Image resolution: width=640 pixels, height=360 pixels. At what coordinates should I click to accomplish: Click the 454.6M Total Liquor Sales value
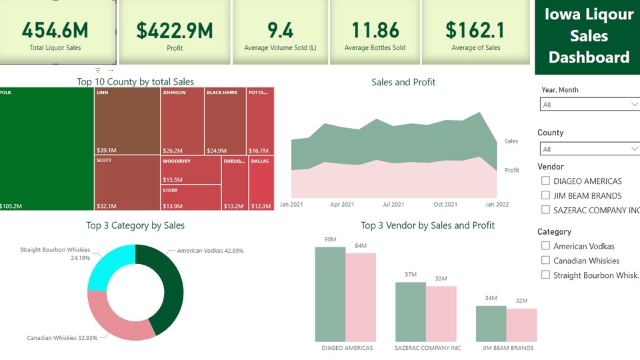[x=55, y=30]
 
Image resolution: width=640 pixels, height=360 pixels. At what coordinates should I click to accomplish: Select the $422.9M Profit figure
[x=174, y=30]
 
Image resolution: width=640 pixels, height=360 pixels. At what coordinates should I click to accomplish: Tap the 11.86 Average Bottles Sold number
[x=375, y=30]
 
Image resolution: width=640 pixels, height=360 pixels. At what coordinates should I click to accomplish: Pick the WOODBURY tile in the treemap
[x=191, y=171]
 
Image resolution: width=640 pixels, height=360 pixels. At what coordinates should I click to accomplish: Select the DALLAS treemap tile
[x=261, y=183]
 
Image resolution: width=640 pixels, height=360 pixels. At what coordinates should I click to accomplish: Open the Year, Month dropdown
[x=589, y=105]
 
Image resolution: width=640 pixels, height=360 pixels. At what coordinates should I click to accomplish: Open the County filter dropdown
[x=589, y=149]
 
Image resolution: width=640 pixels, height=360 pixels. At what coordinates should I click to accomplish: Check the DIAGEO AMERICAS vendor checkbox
[x=546, y=181]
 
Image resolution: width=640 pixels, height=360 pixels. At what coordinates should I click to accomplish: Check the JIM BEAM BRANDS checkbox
[x=546, y=195]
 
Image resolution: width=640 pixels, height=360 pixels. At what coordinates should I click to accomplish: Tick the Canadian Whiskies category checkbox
[x=546, y=261]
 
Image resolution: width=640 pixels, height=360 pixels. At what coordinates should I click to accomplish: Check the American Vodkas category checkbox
[x=546, y=246]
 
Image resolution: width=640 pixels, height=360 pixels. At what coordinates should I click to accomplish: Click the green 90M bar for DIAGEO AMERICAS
[x=330, y=293]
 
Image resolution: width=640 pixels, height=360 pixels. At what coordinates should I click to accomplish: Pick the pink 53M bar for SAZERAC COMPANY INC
[x=441, y=313]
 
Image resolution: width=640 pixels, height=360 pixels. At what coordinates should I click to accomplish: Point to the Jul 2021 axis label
[x=393, y=205]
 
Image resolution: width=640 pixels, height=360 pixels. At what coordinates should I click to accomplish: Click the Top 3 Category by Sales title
[x=135, y=225]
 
